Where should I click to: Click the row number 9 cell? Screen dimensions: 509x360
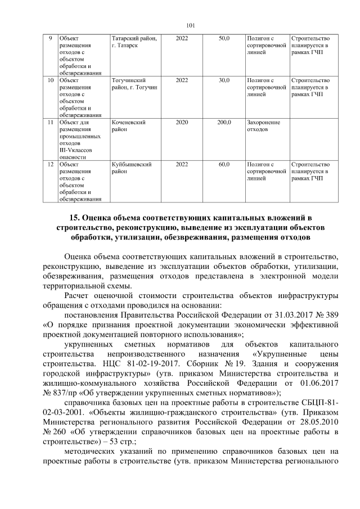[x=50, y=38]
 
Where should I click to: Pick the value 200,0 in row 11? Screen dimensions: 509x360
[x=224, y=122]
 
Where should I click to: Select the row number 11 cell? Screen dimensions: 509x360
[x=50, y=122]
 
